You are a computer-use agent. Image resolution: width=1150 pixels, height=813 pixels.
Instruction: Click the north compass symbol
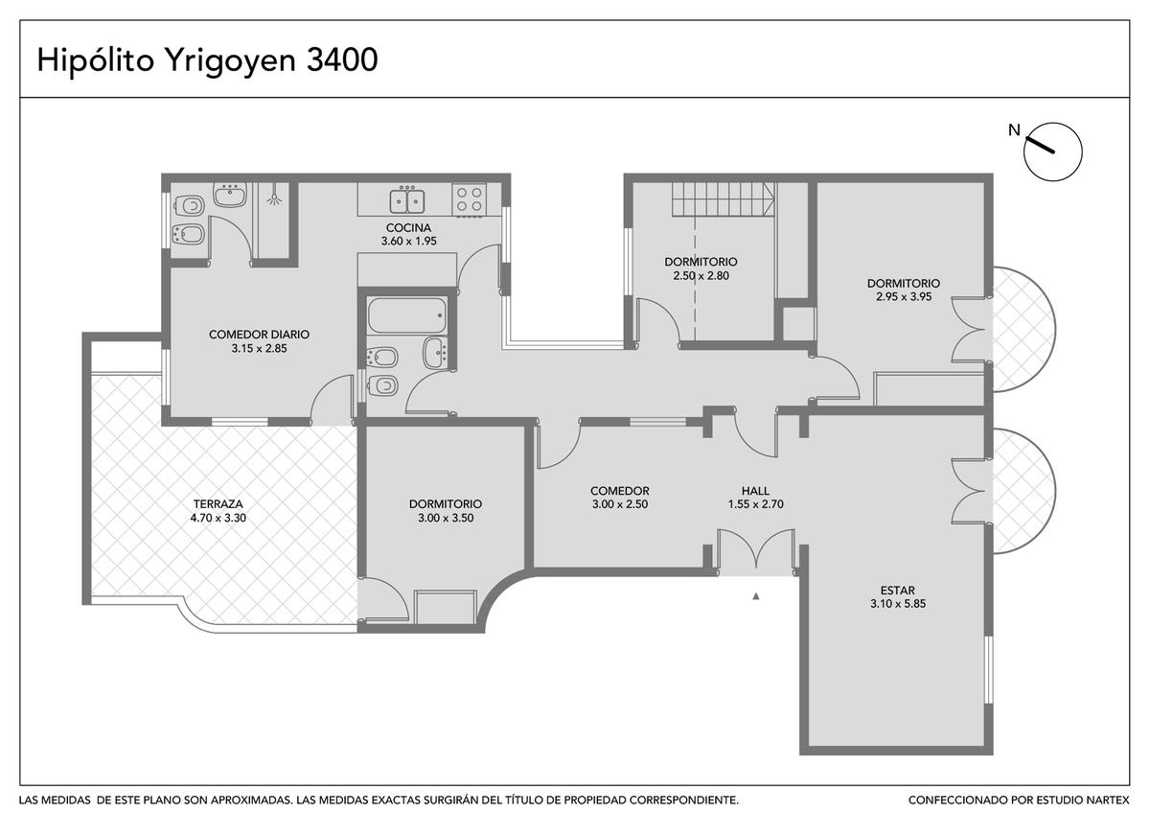[x=1052, y=151]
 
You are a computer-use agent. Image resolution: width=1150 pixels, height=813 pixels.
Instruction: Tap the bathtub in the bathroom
[x=407, y=315]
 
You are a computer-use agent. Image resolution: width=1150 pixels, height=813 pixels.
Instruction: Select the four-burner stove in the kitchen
[x=470, y=199]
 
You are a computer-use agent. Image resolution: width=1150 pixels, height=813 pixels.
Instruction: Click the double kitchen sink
[x=407, y=199]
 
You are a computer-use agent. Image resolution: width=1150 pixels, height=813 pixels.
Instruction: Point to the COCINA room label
[x=408, y=227]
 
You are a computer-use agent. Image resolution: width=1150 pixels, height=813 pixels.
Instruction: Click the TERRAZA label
[x=218, y=504]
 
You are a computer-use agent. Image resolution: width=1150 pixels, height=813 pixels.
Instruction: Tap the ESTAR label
[x=897, y=591]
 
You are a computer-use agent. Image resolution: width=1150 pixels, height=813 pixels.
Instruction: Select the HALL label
[x=755, y=491]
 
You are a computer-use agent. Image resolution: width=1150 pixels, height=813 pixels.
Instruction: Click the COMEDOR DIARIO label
[x=260, y=335]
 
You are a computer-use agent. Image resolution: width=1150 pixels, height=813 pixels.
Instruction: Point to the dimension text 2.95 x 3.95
[x=904, y=296]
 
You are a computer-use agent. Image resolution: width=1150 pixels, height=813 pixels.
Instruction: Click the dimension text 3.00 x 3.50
[x=446, y=518]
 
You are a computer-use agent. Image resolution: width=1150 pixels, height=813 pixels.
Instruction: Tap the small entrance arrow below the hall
[x=756, y=596]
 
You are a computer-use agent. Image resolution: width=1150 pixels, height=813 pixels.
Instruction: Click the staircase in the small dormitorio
[x=724, y=199]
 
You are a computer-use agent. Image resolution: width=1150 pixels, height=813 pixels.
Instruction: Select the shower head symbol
[x=275, y=197]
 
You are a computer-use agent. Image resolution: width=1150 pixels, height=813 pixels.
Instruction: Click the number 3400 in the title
[x=342, y=59]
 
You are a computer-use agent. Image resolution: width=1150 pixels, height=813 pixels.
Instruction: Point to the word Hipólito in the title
[x=96, y=60]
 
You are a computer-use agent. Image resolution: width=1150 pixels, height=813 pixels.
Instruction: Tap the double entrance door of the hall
[x=756, y=549]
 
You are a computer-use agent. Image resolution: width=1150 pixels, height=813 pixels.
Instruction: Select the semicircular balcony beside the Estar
[x=1023, y=491]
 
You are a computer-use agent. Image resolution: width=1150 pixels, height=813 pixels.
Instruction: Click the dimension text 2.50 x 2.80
[x=701, y=275]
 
